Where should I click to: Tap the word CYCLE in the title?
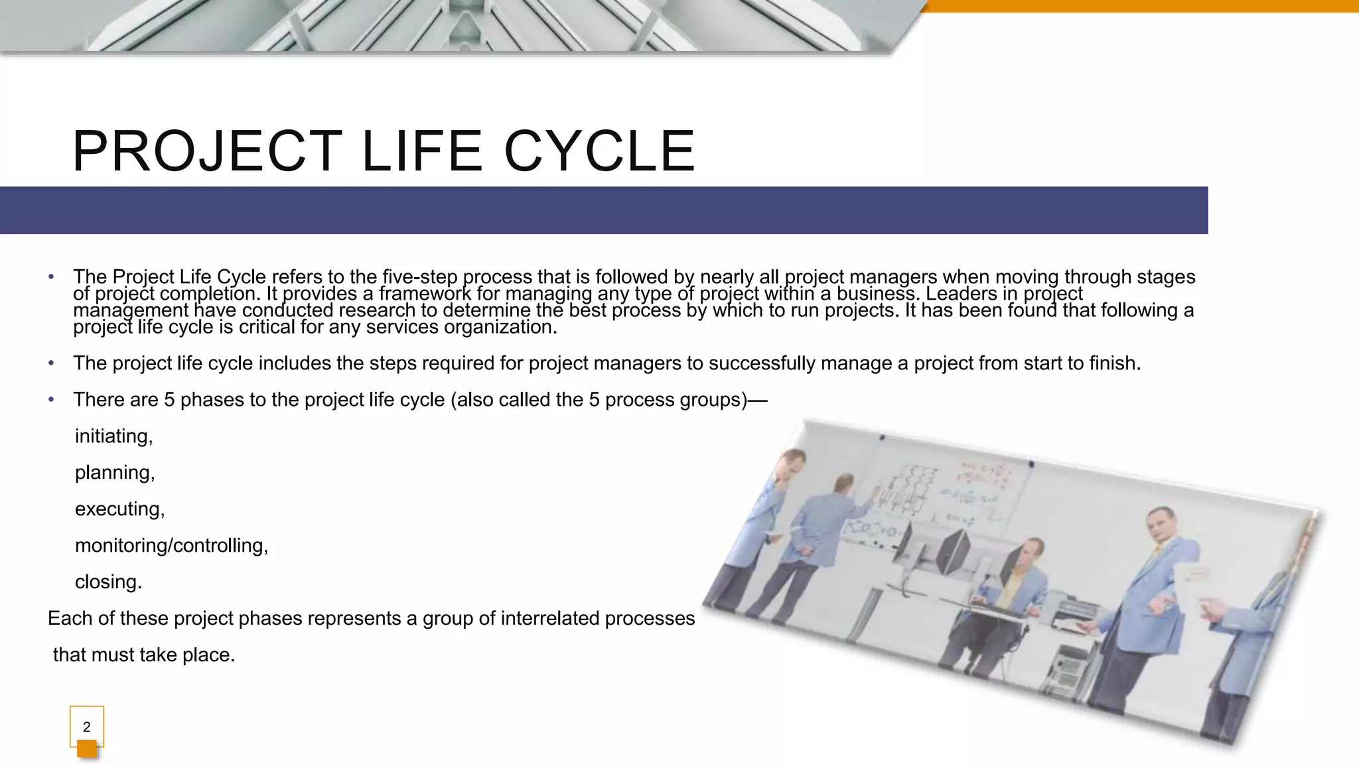(600, 151)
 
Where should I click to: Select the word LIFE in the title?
(421, 151)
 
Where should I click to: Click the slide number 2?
(86, 727)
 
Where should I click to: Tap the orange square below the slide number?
(87, 749)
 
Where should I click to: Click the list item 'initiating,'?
(113, 436)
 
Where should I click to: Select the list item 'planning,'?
(114, 473)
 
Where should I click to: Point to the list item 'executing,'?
(119, 509)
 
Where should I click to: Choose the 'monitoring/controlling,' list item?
(171, 546)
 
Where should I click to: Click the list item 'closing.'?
(108, 582)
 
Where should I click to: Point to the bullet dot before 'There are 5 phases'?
(51, 400)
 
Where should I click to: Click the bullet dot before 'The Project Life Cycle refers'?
(51, 277)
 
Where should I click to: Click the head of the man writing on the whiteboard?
(845, 485)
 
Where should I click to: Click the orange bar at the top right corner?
(1141, 6)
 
